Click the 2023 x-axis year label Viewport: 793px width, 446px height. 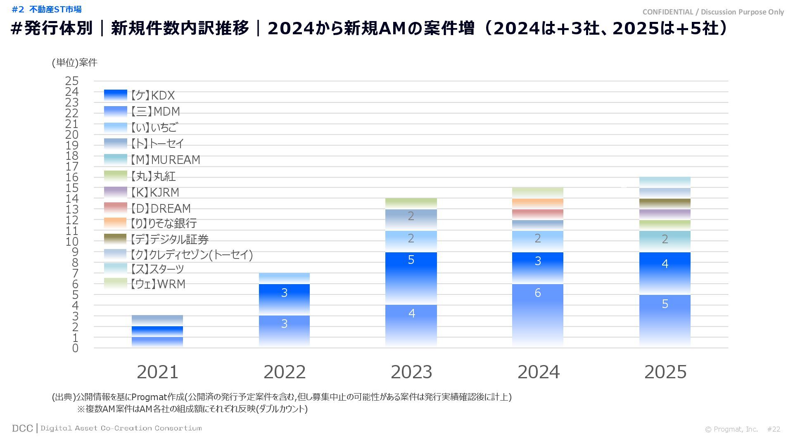click(x=411, y=372)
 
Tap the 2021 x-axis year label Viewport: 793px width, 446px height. click(x=157, y=372)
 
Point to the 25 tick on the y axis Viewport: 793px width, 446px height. click(x=72, y=81)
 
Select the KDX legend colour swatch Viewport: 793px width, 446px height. click(x=115, y=95)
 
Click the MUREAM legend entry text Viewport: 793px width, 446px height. click(x=165, y=160)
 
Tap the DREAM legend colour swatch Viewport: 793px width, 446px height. click(x=115, y=208)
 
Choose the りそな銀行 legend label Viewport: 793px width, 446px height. click(x=164, y=223)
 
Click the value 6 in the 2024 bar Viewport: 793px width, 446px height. click(x=537, y=293)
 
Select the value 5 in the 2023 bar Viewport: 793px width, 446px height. click(x=411, y=260)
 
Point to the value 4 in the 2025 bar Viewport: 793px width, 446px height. click(x=665, y=264)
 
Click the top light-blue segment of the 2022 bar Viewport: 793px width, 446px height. click(x=284, y=278)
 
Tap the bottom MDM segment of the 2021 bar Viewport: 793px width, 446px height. click(x=157, y=342)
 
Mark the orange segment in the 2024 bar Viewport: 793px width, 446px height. click(x=537, y=203)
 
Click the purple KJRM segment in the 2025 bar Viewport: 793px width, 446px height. click(x=665, y=214)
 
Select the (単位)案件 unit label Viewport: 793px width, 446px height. click(x=74, y=62)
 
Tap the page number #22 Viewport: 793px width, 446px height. click(x=774, y=429)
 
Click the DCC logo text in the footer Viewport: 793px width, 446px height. click(x=22, y=428)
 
